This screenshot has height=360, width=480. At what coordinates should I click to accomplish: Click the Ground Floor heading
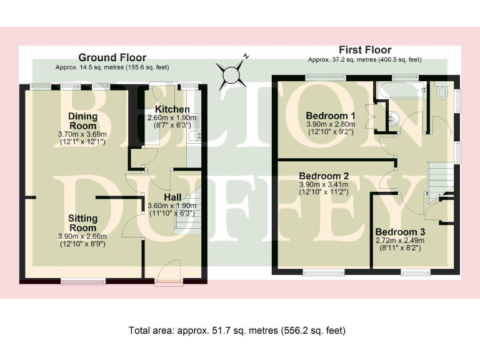click(112, 57)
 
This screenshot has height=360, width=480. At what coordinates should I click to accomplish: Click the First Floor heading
click(365, 50)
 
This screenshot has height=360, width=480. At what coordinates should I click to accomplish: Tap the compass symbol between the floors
click(231, 74)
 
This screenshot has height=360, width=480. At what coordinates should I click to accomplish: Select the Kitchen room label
click(172, 109)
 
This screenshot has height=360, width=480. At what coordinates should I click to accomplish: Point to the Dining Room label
click(82, 121)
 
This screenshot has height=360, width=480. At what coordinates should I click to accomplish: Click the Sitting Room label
click(82, 223)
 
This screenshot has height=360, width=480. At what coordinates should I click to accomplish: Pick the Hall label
click(172, 197)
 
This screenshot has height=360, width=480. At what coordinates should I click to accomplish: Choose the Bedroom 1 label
click(331, 116)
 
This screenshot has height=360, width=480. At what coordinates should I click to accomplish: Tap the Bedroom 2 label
click(324, 176)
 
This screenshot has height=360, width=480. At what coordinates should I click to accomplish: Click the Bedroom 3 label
click(400, 232)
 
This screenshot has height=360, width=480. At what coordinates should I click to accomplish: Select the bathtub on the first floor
click(402, 90)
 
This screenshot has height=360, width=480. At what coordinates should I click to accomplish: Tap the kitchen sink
click(194, 135)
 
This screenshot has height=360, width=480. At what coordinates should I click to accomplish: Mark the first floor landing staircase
click(440, 182)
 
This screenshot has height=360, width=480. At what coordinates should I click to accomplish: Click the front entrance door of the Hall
click(169, 272)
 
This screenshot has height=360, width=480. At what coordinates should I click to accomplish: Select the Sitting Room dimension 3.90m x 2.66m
click(82, 236)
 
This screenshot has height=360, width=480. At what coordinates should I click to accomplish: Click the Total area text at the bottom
click(237, 331)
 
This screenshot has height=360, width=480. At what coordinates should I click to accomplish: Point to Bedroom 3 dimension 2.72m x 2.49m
click(400, 240)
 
